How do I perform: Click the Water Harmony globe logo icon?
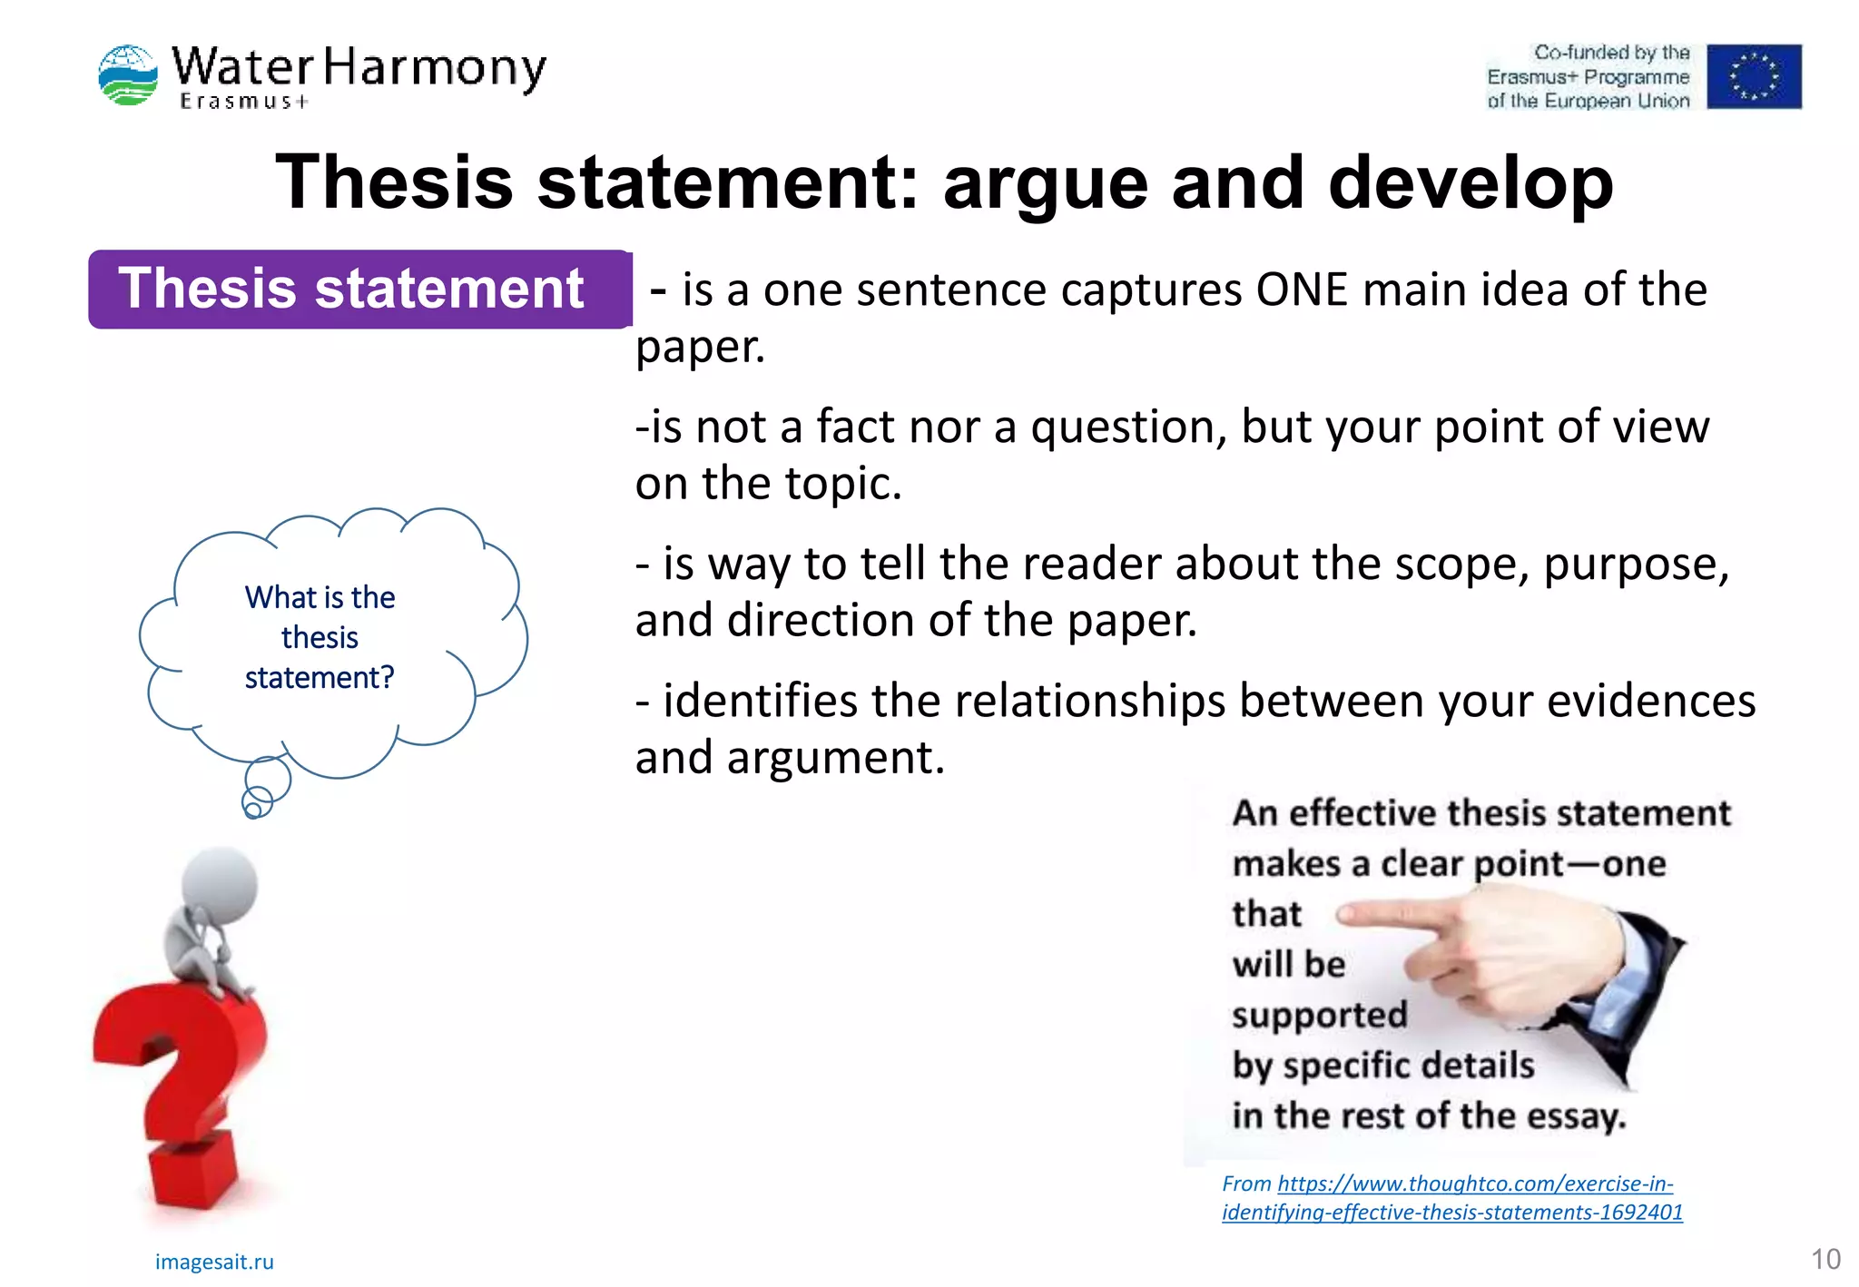[x=128, y=74]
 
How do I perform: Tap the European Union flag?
[x=1753, y=76]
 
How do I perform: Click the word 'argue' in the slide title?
[x=1045, y=182]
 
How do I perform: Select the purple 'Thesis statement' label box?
[x=359, y=289]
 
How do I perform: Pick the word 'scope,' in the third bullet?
[x=1461, y=564]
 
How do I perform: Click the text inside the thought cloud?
[x=320, y=637]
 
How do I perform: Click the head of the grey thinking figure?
[x=220, y=881]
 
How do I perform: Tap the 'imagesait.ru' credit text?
[x=214, y=1262]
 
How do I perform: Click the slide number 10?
[x=1825, y=1259]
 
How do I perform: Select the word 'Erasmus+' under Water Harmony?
[x=243, y=102]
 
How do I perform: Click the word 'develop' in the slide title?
[x=1470, y=182]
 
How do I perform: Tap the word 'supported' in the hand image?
[x=1319, y=1015]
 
